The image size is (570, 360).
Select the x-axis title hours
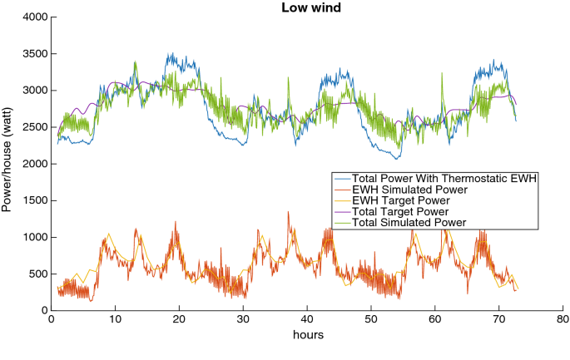pyautogui.click(x=307, y=335)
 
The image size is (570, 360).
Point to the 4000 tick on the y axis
pyautogui.click(x=33, y=17)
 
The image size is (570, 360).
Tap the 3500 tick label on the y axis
pyautogui.click(x=33, y=54)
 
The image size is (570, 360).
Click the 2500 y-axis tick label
pyautogui.click(x=33, y=127)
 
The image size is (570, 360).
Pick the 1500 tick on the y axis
pyautogui.click(x=33, y=200)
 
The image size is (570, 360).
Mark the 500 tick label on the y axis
pyautogui.click(x=37, y=274)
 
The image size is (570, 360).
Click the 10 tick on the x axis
pyautogui.click(x=115, y=319)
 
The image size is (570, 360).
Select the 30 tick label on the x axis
pyautogui.click(x=243, y=319)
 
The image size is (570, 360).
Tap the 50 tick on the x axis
pyautogui.click(x=371, y=319)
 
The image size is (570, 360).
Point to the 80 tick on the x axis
pyautogui.click(x=563, y=319)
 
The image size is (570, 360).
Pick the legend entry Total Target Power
pyautogui.click(x=399, y=211)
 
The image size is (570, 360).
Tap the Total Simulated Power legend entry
pyautogui.click(x=407, y=222)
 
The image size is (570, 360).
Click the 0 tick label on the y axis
pyautogui.click(x=42, y=310)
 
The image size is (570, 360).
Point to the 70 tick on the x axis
pyautogui.click(x=499, y=319)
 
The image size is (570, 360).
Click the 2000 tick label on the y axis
pyautogui.click(x=33, y=164)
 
